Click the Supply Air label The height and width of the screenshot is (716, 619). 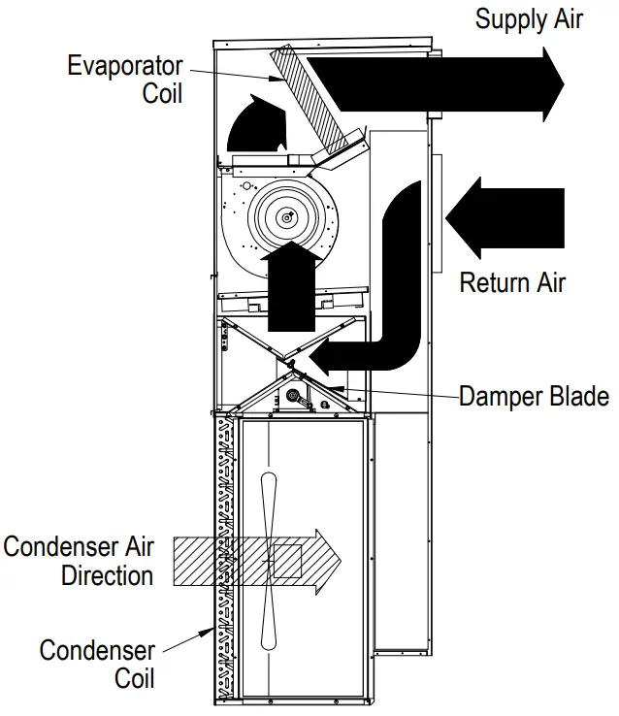[529, 18]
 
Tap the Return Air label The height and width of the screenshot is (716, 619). [511, 282]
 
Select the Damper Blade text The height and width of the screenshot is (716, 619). [534, 396]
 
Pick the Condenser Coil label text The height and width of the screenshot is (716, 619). [97, 663]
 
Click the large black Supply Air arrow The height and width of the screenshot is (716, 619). [437, 81]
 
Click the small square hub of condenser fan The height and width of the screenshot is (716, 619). [287, 561]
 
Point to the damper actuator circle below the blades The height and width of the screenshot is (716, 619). [292, 395]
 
